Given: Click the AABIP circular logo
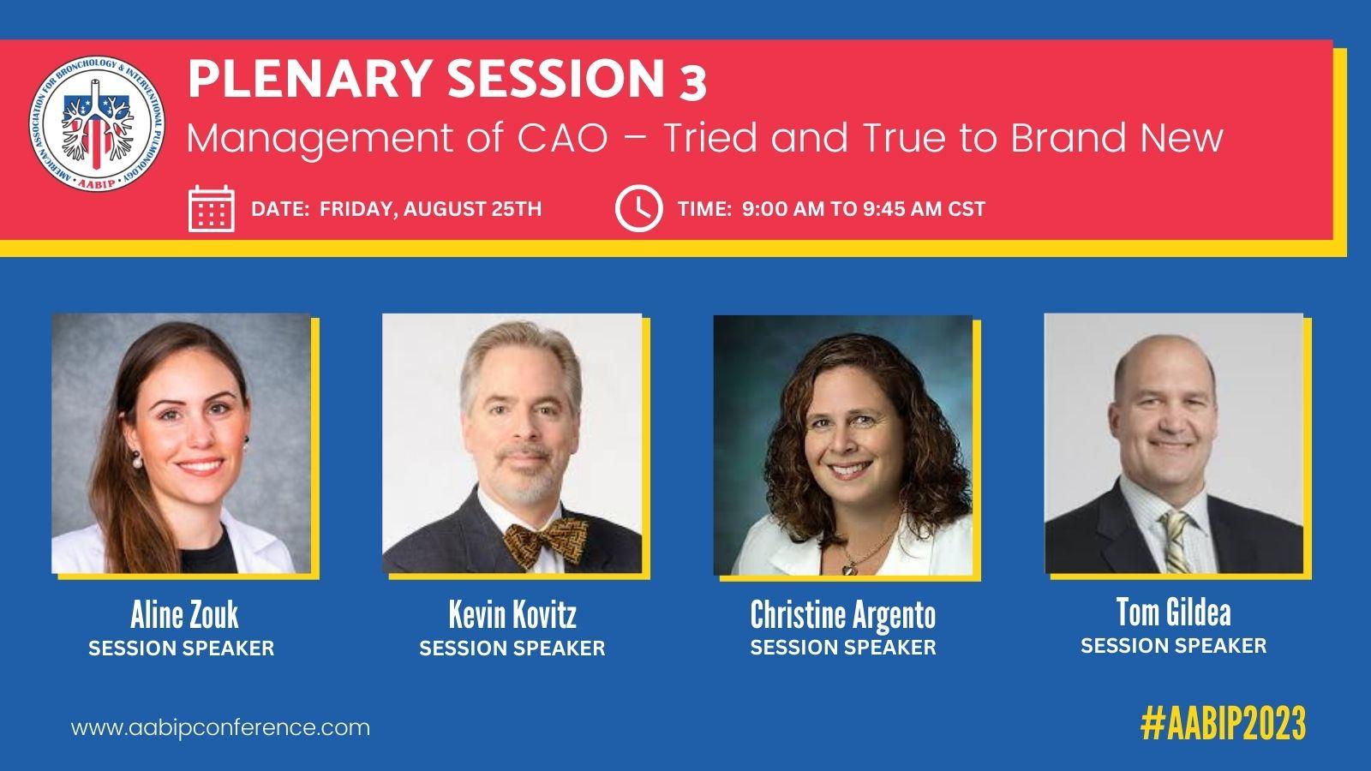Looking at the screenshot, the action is click(x=97, y=124).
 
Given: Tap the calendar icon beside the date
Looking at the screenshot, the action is click(x=211, y=209).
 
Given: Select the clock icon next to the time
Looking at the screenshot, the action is click(x=638, y=209).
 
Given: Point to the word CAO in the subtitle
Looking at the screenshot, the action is click(x=562, y=138).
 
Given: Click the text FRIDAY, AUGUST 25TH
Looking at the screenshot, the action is click(x=430, y=209).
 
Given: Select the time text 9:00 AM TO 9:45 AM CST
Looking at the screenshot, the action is click(x=864, y=209).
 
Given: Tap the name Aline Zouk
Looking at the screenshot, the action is click(x=184, y=614).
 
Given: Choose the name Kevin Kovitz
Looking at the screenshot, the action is click(x=512, y=614).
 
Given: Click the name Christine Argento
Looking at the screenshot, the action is click(x=843, y=615).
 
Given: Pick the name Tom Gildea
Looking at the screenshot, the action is click(x=1173, y=612).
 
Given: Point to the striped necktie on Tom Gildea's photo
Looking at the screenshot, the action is click(x=1175, y=541).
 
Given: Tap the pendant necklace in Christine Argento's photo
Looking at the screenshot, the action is click(x=849, y=569).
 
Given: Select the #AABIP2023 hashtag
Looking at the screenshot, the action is click(x=1223, y=723).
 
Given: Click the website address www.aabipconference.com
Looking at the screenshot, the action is click(x=220, y=728).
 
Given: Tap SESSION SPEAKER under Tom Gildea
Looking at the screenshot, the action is click(x=1173, y=646).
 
